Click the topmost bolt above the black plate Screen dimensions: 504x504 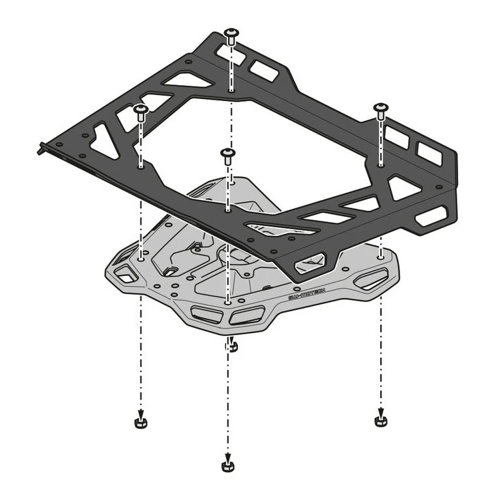click(x=231, y=35)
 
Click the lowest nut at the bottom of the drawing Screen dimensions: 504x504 click(x=228, y=463)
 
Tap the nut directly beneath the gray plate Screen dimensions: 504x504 click(x=230, y=346)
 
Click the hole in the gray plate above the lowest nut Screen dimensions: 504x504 click(x=228, y=302)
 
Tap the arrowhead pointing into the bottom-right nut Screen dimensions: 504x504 click(x=380, y=412)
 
